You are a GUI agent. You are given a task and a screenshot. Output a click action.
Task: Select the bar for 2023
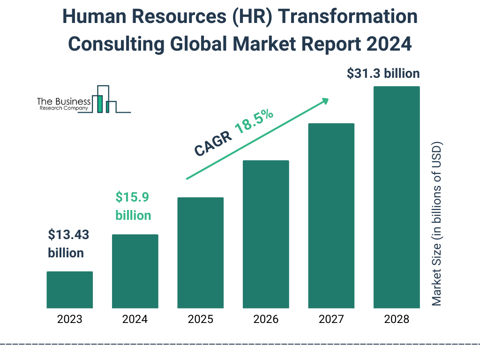coord(69,290)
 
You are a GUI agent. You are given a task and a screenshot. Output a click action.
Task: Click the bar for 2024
coord(135,271)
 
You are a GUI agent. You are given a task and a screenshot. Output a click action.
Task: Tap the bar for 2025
coord(200,253)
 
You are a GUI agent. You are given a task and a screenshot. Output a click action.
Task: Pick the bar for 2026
coord(266,234)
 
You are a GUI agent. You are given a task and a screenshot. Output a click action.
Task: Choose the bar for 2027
coord(331,216)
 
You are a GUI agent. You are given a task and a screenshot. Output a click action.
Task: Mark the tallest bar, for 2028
coord(397,197)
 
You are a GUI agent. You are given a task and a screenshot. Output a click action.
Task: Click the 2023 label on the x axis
coord(69,320)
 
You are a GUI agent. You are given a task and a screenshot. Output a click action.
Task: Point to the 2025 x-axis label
coord(200,320)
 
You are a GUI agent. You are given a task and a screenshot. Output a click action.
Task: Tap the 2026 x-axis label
coord(266,320)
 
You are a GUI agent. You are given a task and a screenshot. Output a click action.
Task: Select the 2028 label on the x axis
coord(397,320)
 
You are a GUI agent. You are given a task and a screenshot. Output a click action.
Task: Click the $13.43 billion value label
coord(68,244)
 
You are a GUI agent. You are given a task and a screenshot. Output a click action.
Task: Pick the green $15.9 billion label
coord(133,206)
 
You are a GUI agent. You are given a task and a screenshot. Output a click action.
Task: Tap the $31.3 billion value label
coord(383,74)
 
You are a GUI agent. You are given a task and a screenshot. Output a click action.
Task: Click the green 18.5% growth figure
coord(254,122)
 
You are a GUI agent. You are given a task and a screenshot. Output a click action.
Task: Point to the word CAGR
coord(212,143)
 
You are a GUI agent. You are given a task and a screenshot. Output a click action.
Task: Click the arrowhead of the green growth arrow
coord(324,101)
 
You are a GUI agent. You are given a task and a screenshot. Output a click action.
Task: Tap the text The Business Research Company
coord(64,105)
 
